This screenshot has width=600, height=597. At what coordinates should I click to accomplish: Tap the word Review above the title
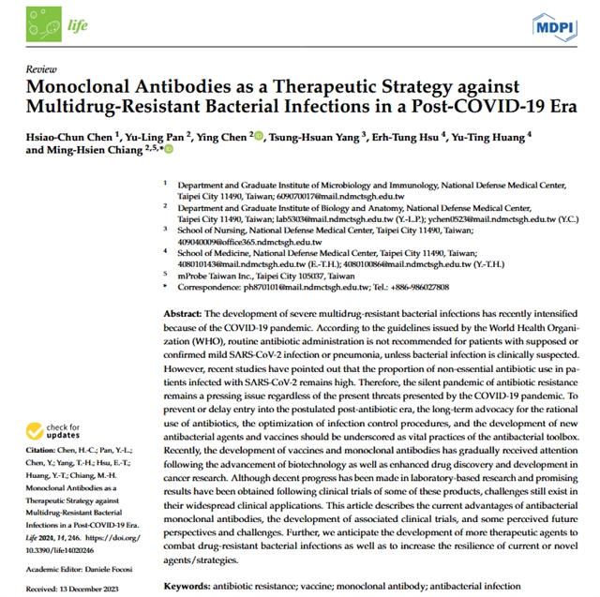point(40,70)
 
